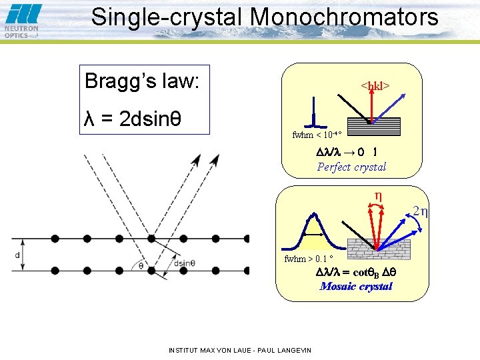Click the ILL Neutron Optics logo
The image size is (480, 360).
point(22,21)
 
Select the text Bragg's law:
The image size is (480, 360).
point(142,81)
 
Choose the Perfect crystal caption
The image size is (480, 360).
point(351,167)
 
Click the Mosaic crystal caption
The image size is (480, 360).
point(356,286)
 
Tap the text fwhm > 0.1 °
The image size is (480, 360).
point(309,259)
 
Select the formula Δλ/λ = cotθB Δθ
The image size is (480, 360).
point(356,273)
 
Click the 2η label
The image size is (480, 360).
point(420,212)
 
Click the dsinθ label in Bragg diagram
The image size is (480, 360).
point(184,263)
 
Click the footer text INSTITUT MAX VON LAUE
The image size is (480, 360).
point(240,349)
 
